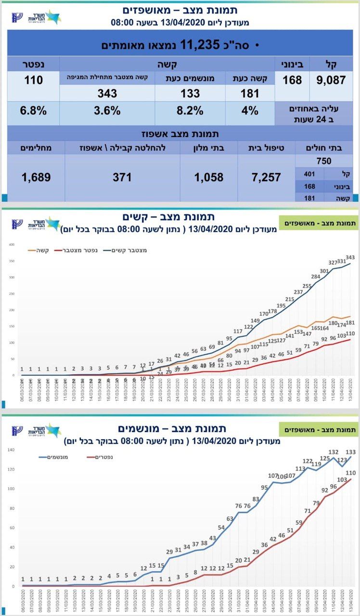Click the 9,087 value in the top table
coord(331,80)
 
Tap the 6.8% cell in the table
coord(33,111)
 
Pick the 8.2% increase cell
coord(190,111)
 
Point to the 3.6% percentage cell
coord(107,111)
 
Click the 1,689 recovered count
coord(36,177)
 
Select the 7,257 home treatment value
coord(266,177)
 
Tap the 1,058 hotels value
coord(209,177)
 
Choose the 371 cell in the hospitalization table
coord(122,177)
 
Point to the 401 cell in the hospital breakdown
coord(310,174)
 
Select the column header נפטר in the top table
coord(33,64)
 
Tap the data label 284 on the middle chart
coord(316,277)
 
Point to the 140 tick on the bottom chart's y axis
coord(11,450)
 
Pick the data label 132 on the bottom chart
coord(333,453)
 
